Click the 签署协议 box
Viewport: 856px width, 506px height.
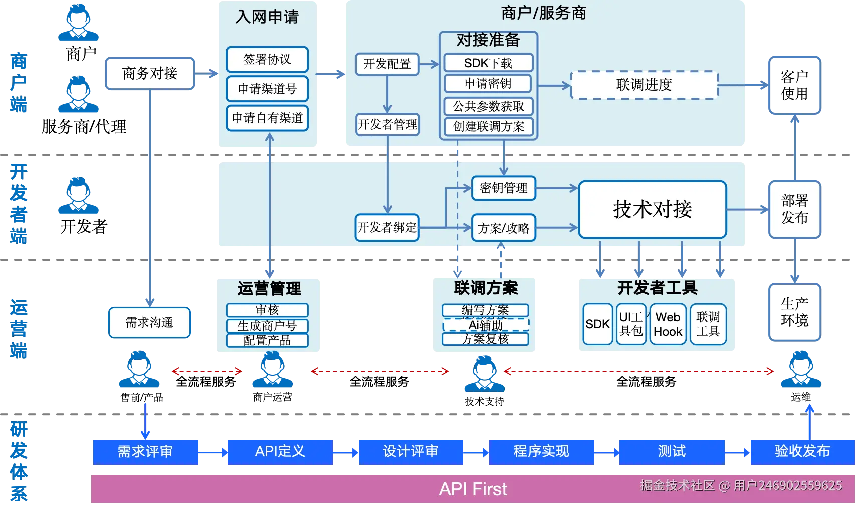point(267,60)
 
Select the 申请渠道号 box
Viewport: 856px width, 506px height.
point(267,89)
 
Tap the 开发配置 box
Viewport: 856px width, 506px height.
point(387,64)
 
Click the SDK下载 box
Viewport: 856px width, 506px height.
point(488,63)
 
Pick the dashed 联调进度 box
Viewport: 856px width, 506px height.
point(644,85)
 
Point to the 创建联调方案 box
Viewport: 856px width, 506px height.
point(488,126)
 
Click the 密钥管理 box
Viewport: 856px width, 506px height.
point(503,188)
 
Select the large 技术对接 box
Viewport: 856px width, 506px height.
point(652,209)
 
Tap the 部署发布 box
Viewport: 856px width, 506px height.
point(794,209)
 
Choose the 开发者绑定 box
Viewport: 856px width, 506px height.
point(387,228)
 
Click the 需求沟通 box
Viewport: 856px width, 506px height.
point(149,322)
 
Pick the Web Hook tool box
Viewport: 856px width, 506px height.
point(668,324)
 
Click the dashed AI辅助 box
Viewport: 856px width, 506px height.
point(485,325)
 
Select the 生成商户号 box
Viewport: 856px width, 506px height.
point(267,326)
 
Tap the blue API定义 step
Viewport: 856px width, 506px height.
point(280,451)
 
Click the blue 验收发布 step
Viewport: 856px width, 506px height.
point(802,451)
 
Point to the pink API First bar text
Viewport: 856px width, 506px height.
point(473,489)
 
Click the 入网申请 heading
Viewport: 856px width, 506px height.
point(267,17)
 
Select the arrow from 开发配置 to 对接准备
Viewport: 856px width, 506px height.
point(429,64)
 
